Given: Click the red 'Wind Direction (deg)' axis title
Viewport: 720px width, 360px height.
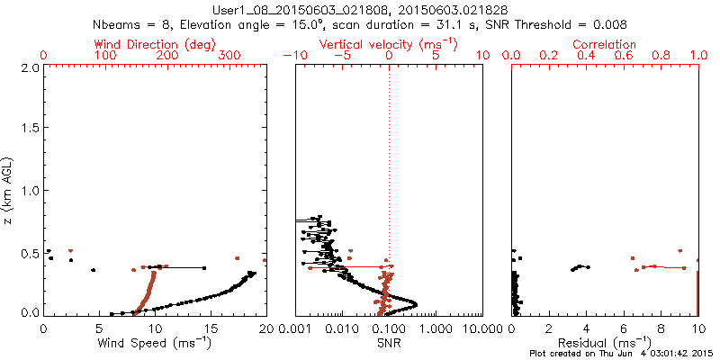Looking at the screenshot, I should point(154,44).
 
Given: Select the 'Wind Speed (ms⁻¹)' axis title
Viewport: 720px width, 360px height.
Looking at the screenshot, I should point(155,343).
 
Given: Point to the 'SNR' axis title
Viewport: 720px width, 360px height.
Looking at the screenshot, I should point(388,343).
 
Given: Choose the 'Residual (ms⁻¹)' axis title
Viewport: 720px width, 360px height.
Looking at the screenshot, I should point(605,343).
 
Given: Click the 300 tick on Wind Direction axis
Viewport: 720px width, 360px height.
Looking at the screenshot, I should point(229,56).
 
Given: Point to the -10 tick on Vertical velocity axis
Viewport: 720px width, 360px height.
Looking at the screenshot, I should point(295,56).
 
